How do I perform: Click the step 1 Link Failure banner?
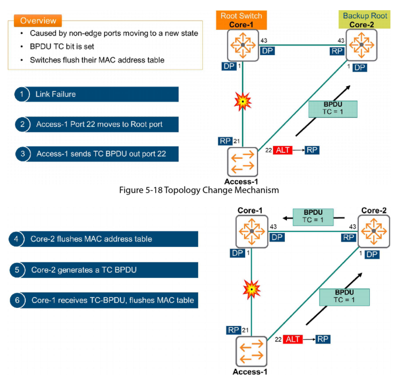pos(97,94)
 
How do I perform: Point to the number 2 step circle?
pos(21,124)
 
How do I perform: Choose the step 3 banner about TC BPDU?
pos(97,154)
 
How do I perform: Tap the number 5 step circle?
pos(17,269)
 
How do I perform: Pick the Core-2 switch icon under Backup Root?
pos(361,44)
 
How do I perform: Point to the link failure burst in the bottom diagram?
pos(251,290)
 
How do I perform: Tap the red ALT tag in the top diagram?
pos(282,150)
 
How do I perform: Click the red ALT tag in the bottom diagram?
pos(293,339)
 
